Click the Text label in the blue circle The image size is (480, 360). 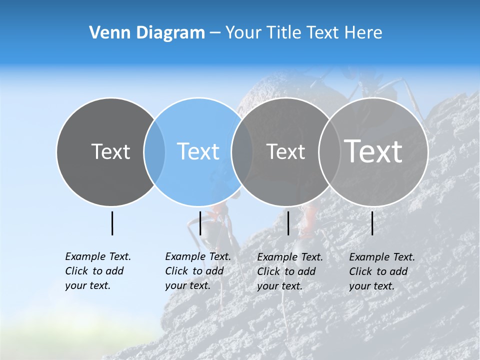[x=198, y=151]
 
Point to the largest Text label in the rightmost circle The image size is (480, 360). [x=373, y=151]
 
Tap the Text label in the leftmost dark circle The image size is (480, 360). [x=110, y=151]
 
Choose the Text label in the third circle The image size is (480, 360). [x=285, y=151]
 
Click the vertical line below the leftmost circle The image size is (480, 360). [x=112, y=223]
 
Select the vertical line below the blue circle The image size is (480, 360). [x=200, y=223]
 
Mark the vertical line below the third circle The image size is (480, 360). [x=288, y=223]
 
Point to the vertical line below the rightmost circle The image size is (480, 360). [x=372, y=223]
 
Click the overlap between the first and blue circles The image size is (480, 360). [x=154, y=151]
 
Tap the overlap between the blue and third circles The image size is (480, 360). [x=242, y=151]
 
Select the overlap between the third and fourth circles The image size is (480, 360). [x=329, y=151]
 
